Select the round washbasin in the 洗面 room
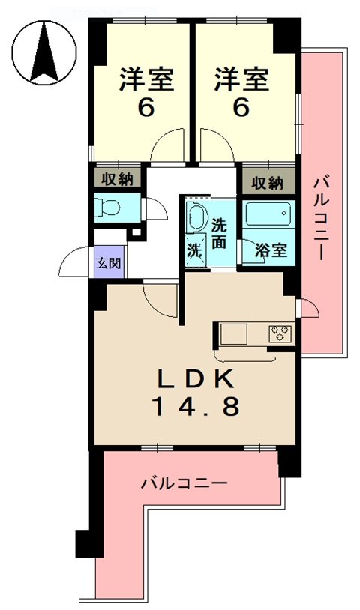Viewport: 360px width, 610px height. (197, 217)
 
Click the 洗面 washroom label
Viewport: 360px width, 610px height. (219, 232)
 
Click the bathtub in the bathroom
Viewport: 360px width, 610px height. (268, 216)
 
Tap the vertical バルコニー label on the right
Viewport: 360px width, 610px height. (320, 217)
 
